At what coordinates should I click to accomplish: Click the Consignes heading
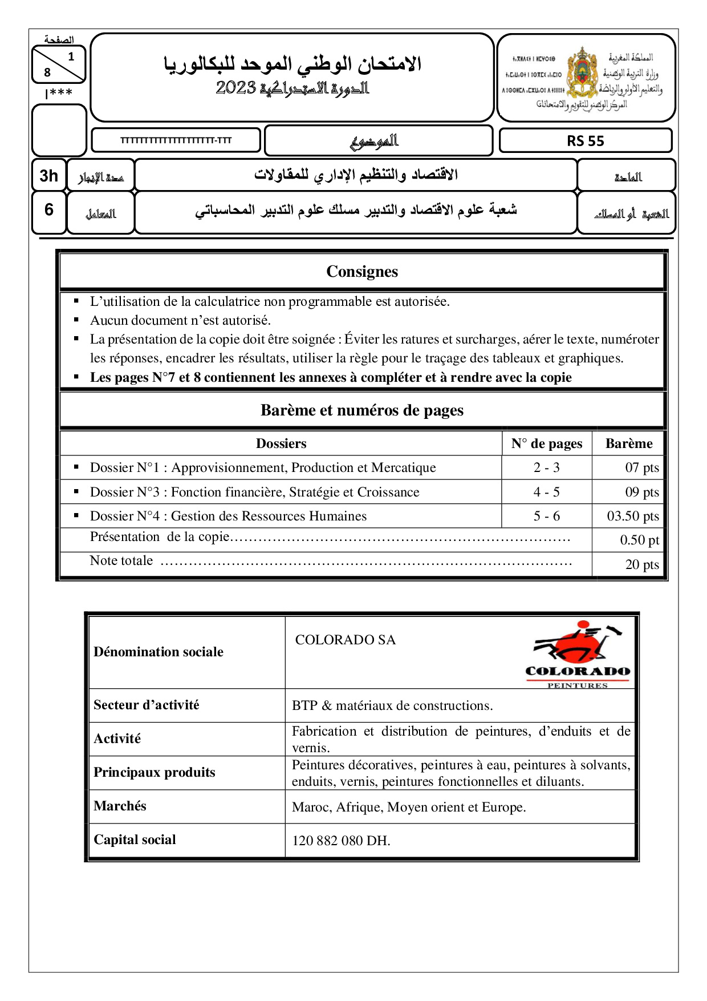(362, 272)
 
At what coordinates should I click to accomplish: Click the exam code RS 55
(585, 141)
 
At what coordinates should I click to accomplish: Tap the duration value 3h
(48, 176)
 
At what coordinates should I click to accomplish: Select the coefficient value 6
(49, 210)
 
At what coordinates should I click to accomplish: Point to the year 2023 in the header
(235, 88)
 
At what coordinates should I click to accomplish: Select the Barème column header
(629, 443)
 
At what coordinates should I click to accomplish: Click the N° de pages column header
(547, 443)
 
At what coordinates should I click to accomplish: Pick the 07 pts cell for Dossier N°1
(641, 468)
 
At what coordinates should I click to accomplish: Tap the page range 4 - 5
(547, 492)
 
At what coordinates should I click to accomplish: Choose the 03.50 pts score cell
(633, 516)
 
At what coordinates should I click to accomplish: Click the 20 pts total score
(641, 565)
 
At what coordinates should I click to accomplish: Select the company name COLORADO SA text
(346, 640)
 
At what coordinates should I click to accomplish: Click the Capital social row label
(135, 839)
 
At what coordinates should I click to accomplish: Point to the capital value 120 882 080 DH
(341, 841)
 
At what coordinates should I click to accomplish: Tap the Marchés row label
(120, 806)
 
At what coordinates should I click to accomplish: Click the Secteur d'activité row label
(147, 705)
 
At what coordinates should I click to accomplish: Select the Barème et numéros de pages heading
(362, 410)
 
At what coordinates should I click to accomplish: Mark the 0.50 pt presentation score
(639, 540)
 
